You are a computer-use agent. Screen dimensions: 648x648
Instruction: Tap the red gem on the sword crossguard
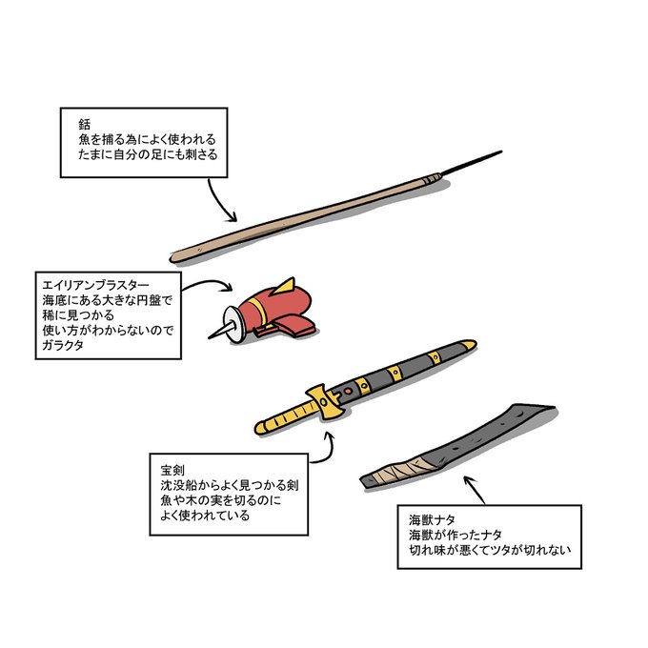pyautogui.click(x=348, y=390)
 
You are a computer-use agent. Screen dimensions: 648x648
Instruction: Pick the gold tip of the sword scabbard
pyautogui.click(x=467, y=344)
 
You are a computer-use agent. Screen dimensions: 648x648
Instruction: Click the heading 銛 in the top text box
pyautogui.click(x=84, y=124)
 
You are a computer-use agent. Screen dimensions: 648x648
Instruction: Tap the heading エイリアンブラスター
pyautogui.click(x=96, y=285)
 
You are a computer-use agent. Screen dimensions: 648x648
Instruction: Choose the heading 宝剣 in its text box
pyautogui.click(x=172, y=471)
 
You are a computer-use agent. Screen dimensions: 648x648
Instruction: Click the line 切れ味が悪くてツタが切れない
pyautogui.click(x=489, y=551)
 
